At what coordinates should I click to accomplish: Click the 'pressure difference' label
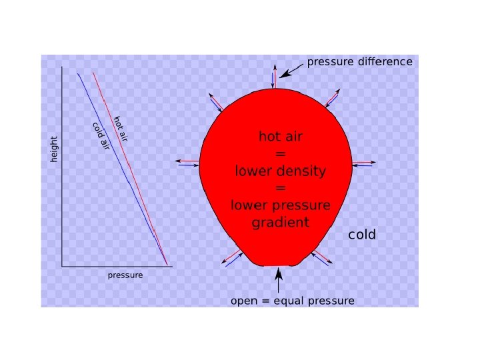(x=359, y=62)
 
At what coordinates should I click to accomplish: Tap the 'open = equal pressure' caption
(x=292, y=301)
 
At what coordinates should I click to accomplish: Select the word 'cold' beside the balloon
(x=362, y=235)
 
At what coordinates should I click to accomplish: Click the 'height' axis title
(x=55, y=149)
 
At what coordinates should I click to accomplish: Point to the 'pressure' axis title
(x=125, y=275)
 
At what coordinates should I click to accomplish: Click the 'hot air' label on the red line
(x=120, y=129)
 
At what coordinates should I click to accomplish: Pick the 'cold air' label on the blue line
(x=101, y=136)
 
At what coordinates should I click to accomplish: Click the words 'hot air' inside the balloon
(x=281, y=137)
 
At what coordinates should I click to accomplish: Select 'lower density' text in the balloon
(x=281, y=171)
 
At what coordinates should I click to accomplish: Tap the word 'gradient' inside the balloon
(x=281, y=223)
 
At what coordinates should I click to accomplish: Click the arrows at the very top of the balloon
(x=273, y=77)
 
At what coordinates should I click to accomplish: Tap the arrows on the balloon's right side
(x=363, y=163)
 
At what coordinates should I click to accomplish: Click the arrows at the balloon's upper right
(x=331, y=97)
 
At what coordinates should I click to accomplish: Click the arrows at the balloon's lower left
(x=233, y=257)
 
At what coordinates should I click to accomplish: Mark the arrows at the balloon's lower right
(x=321, y=258)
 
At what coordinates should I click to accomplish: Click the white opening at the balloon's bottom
(x=277, y=265)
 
